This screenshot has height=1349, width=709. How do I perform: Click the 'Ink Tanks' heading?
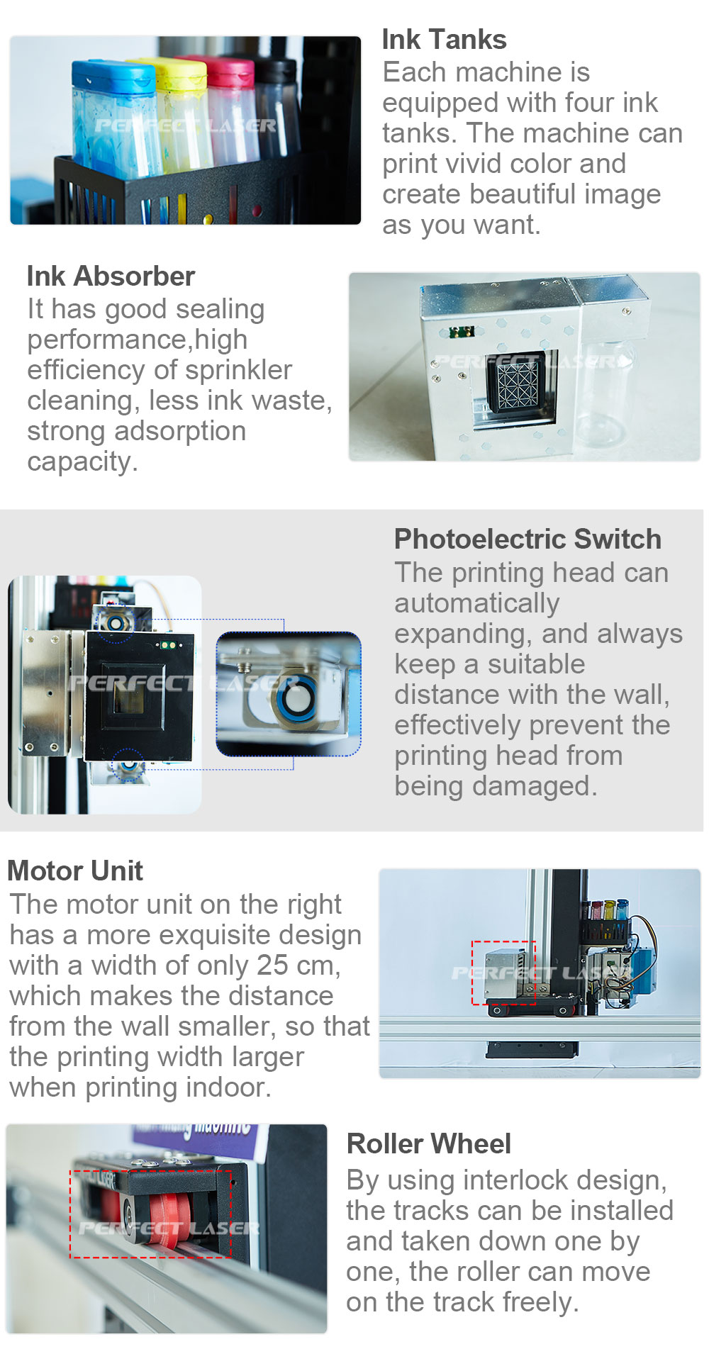(x=444, y=40)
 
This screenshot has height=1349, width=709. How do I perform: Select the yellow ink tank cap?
(x=182, y=74)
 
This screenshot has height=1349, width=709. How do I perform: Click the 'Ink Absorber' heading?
(x=111, y=276)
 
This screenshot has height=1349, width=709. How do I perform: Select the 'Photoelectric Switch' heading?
(x=527, y=539)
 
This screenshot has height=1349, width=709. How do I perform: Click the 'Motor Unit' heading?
(x=75, y=871)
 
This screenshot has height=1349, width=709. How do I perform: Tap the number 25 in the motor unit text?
(x=272, y=965)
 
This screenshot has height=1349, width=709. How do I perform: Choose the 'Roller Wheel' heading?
(x=429, y=1143)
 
